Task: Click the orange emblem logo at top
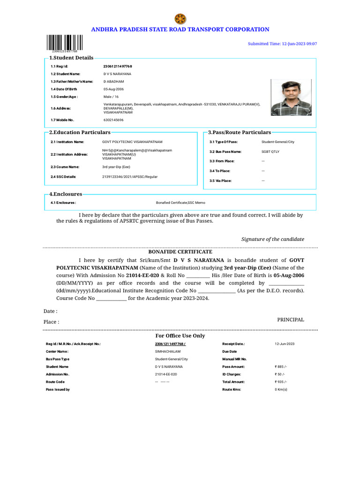click(x=180, y=19)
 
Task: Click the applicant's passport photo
click(x=291, y=97)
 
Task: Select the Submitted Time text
click(x=282, y=44)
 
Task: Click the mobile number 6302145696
click(x=113, y=120)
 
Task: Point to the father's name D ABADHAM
click(x=113, y=82)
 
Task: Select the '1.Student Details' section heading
click(x=71, y=58)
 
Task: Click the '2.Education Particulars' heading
click(x=80, y=133)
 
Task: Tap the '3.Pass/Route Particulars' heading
click(x=240, y=133)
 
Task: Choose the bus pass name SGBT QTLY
click(x=270, y=152)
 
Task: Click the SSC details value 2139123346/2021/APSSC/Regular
click(x=130, y=177)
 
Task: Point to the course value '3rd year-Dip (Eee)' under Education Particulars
click(x=117, y=167)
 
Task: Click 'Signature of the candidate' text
click(x=272, y=239)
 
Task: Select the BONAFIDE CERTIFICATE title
click(x=180, y=252)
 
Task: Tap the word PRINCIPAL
click(x=291, y=320)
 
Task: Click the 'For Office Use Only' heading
click(x=180, y=336)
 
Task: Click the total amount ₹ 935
click(x=282, y=382)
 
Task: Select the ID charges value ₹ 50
click(x=280, y=374)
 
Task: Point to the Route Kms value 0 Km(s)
click(x=281, y=390)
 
